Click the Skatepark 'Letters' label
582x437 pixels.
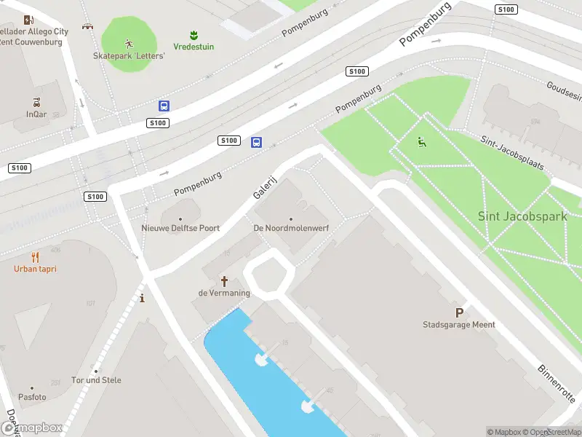point(129,55)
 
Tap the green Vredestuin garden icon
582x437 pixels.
point(194,34)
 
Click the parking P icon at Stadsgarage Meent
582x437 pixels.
point(459,311)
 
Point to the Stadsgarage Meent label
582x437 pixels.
point(459,325)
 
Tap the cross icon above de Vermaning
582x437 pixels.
point(224,280)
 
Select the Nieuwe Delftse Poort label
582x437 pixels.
point(180,228)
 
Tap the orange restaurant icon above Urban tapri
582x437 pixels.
point(35,257)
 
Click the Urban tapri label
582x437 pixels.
point(35,269)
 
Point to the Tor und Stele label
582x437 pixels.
point(97,380)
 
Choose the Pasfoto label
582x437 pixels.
point(31,397)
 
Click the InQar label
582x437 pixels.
point(36,114)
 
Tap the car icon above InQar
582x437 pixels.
point(36,102)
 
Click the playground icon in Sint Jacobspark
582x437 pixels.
point(421,142)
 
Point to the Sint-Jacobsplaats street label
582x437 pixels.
point(512,152)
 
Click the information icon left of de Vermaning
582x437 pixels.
point(142,298)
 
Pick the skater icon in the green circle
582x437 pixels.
point(129,42)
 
